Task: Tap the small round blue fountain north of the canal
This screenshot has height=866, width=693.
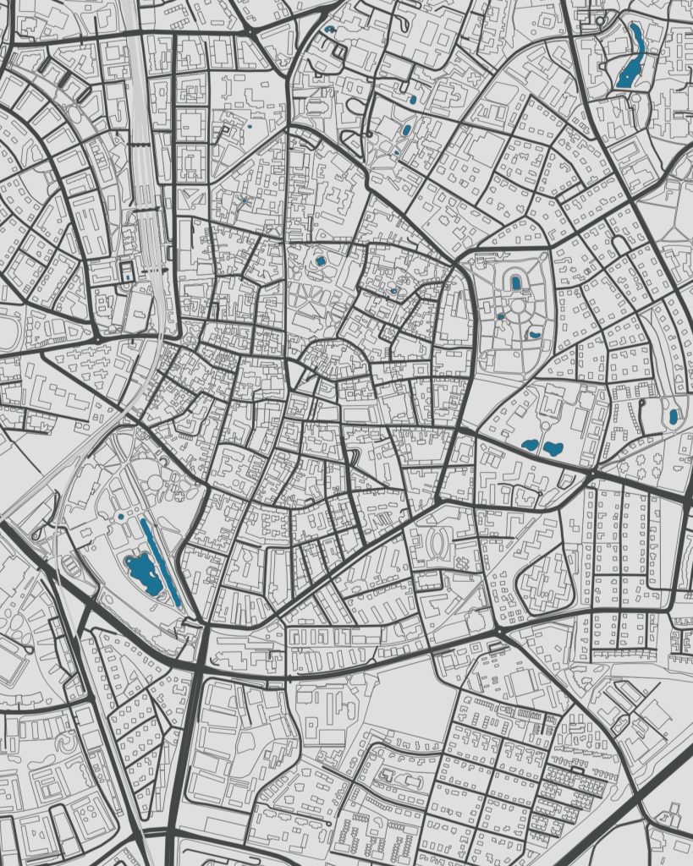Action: click(x=120, y=516)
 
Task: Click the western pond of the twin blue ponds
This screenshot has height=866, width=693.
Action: click(x=531, y=444)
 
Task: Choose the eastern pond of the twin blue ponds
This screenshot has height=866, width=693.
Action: click(x=553, y=448)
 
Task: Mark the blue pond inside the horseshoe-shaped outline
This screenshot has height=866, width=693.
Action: click(x=515, y=283)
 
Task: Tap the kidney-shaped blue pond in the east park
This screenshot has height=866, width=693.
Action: click(x=534, y=335)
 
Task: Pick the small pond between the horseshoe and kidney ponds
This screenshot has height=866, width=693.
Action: click(x=501, y=316)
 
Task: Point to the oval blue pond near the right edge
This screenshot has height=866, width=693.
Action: click(x=674, y=416)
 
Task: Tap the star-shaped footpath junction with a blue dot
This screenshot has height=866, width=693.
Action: click(x=244, y=200)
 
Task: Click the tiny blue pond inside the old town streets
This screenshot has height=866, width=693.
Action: click(x=393, y=291)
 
